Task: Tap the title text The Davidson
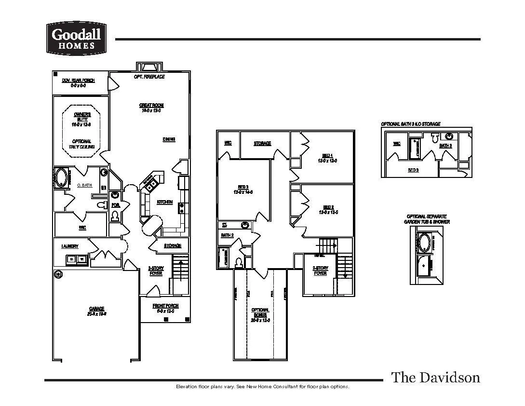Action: [435, 377]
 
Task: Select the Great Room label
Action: [151, 105]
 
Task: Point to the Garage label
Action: [96, 309]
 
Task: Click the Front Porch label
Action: [165, 306]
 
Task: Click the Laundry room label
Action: [70, 246]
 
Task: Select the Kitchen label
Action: [164, 202]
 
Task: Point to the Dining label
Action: [169, 139]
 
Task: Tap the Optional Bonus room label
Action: [260, 312]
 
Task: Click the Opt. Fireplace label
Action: [149, 77]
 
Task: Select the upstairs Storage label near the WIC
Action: [262, 143]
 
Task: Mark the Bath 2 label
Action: [227, 235]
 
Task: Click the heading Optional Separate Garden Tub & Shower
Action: [427, 219]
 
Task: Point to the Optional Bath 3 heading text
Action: [410, 124]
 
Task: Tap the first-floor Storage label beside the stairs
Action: [173, 246]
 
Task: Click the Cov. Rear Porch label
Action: [78, 80]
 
